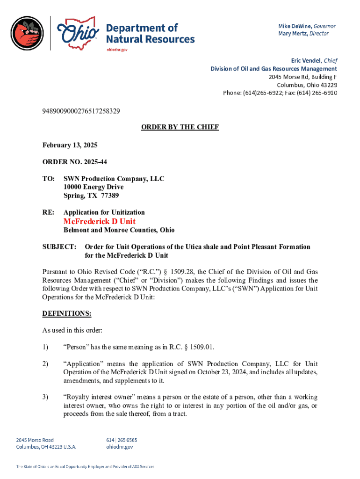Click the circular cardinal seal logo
tap(28, 33)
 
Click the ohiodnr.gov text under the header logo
tap(117, 49)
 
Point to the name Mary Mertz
tap(294, 33)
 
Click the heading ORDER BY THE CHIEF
tap(180, 127)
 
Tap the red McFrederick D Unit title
tap(99, 221)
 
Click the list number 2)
tap(45, 364)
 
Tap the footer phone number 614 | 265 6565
tap(122, 440)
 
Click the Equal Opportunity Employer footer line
tap(85, 466)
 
